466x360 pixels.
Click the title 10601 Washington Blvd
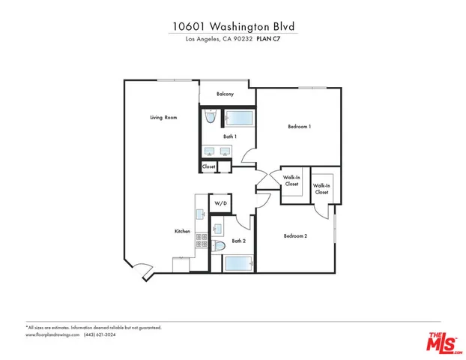coord(232,25)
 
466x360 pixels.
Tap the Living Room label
coord(163,118)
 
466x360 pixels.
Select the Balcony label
coord(226,94)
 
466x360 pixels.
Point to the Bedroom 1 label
coord(299,127)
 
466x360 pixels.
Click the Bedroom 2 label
coord(295,236)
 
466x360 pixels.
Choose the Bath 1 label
coord(230,136)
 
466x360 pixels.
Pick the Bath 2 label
coord(239,241)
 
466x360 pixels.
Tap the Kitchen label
coord(182,232)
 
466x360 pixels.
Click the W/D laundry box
coord(221,203)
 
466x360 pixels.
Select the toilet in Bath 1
coord(211,118)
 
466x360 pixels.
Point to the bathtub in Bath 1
coord(240,118)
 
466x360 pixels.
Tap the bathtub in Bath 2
coord(240,264)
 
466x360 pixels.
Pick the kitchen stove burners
coord(202,240)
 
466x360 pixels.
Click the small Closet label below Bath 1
coord(209,166)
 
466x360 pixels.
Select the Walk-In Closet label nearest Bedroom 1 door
coord(291,181)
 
